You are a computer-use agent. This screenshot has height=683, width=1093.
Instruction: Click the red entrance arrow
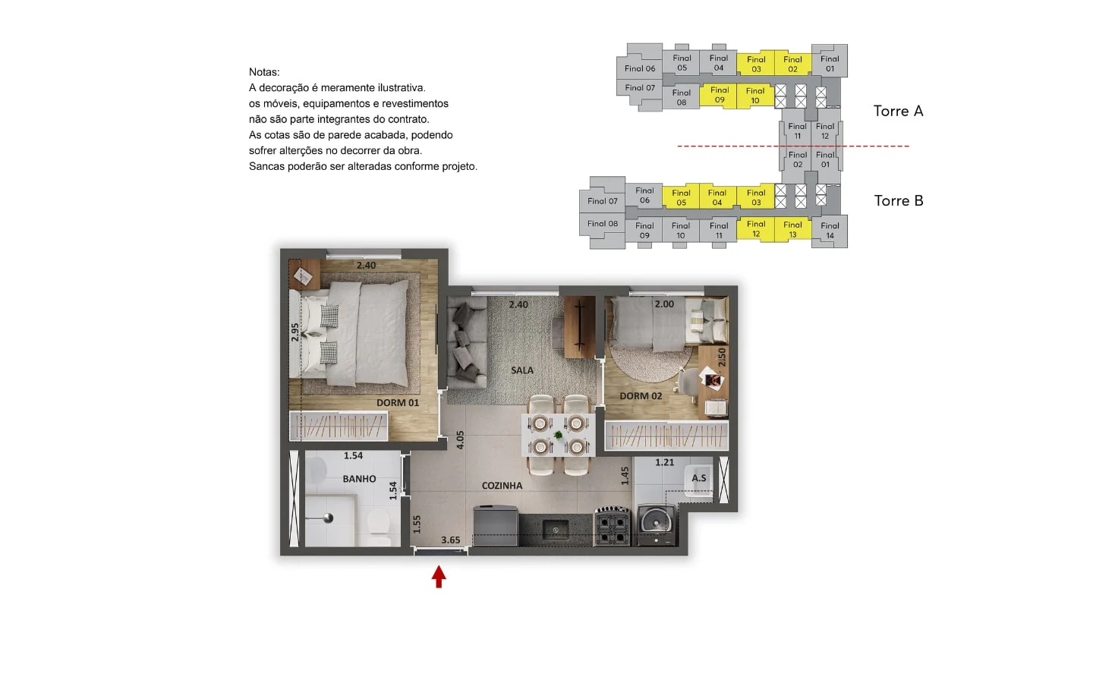(439, 577)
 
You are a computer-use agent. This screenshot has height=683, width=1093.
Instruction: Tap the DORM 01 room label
(398, 403)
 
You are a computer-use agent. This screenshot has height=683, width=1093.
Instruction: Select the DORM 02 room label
(641, 396)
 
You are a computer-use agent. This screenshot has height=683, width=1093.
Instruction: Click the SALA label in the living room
(522, 370)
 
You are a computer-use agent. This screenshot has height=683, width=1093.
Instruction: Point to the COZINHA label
(502, 486)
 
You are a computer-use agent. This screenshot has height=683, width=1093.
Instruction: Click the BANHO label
(359, 479)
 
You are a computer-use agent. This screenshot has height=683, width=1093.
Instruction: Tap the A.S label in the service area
(699, 478)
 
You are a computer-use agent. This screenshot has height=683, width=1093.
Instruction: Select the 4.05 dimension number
(460, 440)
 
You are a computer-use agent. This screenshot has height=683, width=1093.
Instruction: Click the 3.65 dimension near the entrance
(450, 540)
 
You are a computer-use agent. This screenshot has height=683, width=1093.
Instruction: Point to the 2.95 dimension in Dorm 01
(295, 332)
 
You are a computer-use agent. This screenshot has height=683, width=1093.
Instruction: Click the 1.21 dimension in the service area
(665, 462)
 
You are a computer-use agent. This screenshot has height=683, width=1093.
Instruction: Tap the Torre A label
(899, 112)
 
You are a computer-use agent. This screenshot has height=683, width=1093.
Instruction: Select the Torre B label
(899, 201)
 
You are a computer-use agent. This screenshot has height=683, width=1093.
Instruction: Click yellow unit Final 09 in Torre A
(720, 95)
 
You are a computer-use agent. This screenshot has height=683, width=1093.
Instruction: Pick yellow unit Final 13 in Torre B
(792, 229)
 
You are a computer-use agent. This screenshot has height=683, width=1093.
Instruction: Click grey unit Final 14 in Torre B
(830, 231)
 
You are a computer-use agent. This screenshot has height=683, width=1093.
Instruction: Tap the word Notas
(264, 72)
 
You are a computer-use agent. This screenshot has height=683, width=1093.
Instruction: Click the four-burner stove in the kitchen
(612, 527)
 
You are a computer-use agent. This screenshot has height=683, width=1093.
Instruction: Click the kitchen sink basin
(556, 529)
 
